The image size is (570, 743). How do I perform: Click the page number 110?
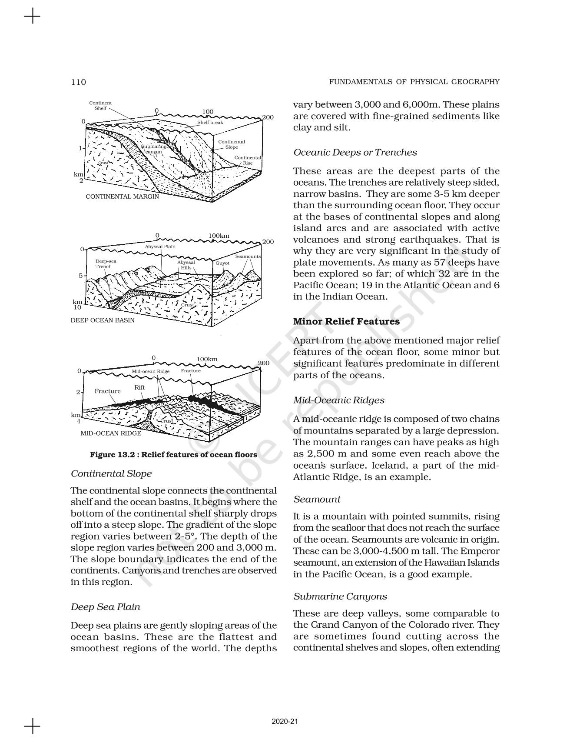tap(79, 82)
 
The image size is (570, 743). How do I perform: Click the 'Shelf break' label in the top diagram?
tap(210, 123)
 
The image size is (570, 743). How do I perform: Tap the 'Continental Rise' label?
tap(248, 160)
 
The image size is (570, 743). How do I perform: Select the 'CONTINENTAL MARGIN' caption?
tap(122, 197)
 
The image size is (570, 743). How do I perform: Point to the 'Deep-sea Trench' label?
tap(106, 264)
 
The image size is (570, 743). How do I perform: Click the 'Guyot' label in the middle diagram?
tap(222, 263)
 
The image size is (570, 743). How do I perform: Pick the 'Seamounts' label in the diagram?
tap(248, 257)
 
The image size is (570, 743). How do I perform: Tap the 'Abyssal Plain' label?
tap(160, 247)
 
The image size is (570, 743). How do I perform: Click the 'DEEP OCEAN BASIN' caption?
tap(103, 320)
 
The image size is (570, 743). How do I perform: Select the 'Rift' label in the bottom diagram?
tap(139, 387)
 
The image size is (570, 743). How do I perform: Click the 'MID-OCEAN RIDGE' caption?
tap(111, 433)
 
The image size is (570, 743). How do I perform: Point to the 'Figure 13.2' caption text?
tap(173, 455)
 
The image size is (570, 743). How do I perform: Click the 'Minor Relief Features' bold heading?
tap(346, 321)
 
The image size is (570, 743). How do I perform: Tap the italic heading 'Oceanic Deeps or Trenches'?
tap(355, 152)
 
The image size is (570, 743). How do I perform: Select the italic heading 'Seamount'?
tap(317, 499)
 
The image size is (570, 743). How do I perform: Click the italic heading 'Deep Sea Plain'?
tap(106, 606)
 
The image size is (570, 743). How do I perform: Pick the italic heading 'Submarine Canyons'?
tap(340, 596)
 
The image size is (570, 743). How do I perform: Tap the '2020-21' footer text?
tap(285, 721)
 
